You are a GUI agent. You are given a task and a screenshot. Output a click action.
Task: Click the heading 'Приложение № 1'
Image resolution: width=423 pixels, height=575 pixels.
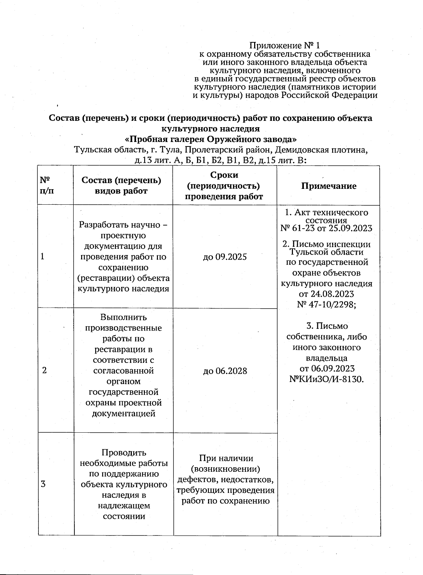pos(284,46)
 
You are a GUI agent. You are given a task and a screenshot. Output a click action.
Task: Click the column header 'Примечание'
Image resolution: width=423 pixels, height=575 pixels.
pos(329,186)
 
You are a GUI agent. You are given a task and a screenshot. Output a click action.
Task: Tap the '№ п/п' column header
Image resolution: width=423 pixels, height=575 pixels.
pos(47,186)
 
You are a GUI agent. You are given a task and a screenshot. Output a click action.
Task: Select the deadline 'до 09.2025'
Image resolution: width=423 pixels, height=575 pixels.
pos(225,257)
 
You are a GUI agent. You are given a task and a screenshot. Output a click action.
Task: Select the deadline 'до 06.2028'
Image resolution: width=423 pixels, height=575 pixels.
pos(225,371)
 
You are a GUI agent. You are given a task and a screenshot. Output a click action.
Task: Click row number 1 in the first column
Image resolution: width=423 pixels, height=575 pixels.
pos(43,256)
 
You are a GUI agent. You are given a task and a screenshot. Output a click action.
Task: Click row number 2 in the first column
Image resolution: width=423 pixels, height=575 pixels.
pos(44,371)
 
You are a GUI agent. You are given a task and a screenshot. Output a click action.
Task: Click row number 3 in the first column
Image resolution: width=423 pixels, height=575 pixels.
pos(43,484)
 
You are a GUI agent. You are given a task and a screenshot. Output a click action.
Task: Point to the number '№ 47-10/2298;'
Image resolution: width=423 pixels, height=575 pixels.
pos(326,304)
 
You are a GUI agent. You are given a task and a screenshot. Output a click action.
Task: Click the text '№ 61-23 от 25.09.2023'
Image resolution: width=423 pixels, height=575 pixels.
pos(326,228)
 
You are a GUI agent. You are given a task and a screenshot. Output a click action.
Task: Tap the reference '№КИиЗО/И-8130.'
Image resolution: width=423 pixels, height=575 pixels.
pos(326,379)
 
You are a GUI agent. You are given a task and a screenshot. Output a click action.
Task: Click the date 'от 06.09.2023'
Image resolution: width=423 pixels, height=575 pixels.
pos(327,369)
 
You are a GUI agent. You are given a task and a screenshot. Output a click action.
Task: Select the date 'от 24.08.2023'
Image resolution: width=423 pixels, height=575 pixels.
pos(326,294)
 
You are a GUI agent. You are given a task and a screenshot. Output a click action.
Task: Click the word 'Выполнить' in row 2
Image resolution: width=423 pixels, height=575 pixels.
pos(123,317)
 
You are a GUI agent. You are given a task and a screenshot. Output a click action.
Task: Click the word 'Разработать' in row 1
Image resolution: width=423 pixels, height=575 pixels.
pos(104,225)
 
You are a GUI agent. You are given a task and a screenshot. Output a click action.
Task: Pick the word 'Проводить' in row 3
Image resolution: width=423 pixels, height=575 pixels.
pos(124,452)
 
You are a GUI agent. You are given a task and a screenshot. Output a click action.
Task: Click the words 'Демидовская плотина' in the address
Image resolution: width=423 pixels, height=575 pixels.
pos(321,150)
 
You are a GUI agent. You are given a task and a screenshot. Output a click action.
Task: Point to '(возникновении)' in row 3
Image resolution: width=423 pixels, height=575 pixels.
pos(225,469)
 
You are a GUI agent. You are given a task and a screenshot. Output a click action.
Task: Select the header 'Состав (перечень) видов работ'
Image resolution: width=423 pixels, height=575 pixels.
pos(121,186)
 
